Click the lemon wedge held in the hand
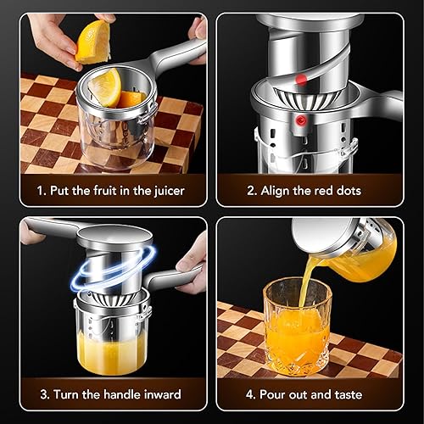[92, 40]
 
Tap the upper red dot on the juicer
[301, 80]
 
